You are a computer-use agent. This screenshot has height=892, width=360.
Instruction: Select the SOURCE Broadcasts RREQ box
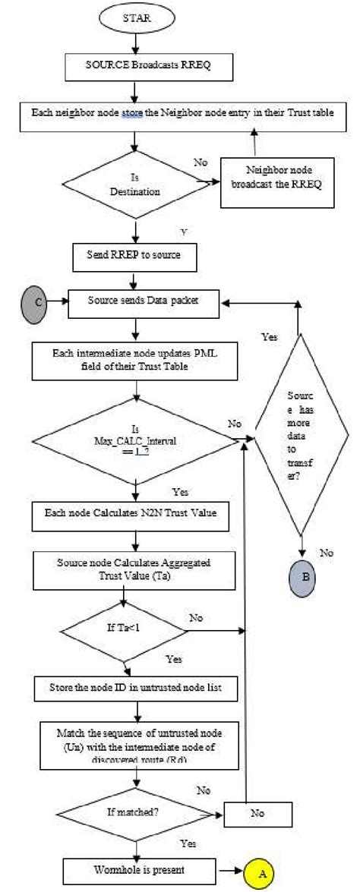tap(136, 66)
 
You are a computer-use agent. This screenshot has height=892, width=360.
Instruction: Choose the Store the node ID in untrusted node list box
tap(137, 689)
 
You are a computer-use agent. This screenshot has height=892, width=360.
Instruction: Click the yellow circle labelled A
tap(262, 873)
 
